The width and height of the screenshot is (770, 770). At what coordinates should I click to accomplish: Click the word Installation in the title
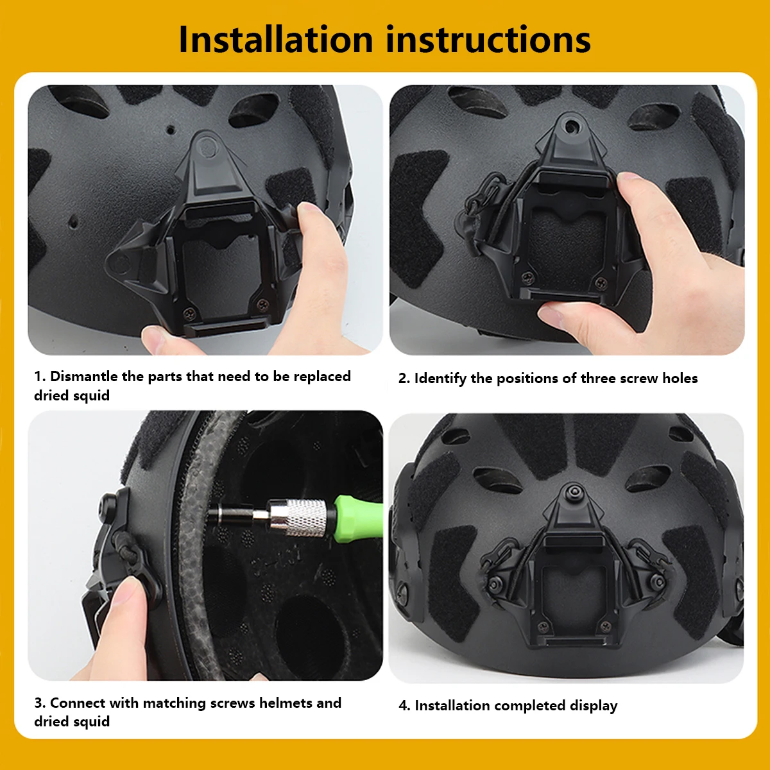click(276, 40)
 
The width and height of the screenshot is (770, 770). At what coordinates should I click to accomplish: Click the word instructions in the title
click(488, 40)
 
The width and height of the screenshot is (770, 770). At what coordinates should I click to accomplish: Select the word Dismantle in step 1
click(83, 377)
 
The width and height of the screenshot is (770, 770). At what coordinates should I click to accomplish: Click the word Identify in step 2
click(440, 379)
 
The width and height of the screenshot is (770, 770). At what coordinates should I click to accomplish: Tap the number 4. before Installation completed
click(404, 706)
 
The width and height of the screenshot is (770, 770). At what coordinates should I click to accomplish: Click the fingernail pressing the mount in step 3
click(126, 590)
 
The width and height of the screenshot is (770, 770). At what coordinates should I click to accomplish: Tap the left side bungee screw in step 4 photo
click(496, 584)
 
